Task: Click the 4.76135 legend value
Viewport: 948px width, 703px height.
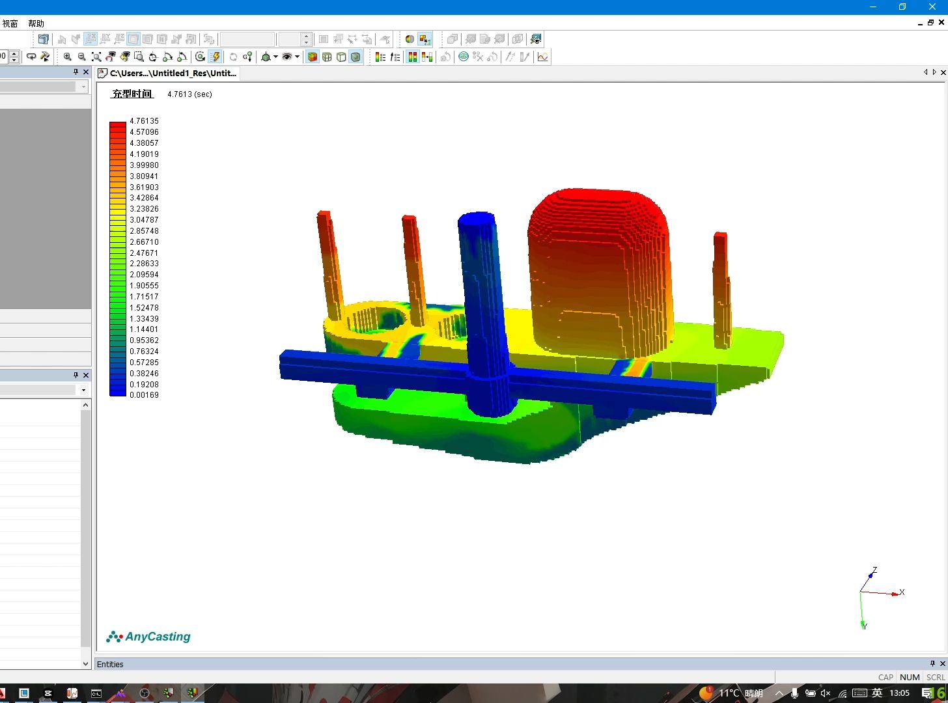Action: tap(144, 121)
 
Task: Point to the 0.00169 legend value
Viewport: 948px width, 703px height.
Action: tap(144, 395)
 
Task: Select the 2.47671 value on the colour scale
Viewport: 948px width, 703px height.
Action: tap(144, 253)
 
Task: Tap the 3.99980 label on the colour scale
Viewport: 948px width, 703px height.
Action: tap(144, 165)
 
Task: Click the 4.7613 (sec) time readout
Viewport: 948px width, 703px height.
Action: tap(189, 94)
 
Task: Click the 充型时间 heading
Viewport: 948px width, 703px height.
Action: tap(132, 94)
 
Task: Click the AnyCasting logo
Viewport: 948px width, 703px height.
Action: tap(148, 637)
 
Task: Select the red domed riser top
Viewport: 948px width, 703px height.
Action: tap(598, 210)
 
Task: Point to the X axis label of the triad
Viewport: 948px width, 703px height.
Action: tap(902, 592)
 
